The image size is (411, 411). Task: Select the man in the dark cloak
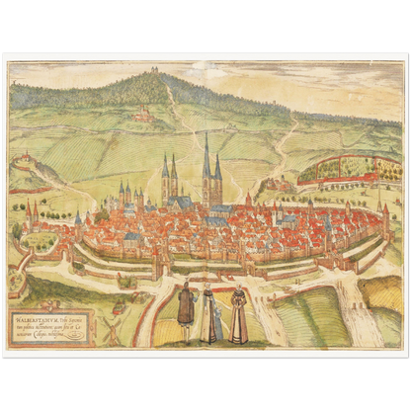[185, 312]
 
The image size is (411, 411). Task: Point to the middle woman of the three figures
[209, 314]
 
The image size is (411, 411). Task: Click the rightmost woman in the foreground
[238, 314]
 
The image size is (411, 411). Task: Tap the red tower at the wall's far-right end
[385, 219]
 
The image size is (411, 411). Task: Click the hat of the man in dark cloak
[185, 287]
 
